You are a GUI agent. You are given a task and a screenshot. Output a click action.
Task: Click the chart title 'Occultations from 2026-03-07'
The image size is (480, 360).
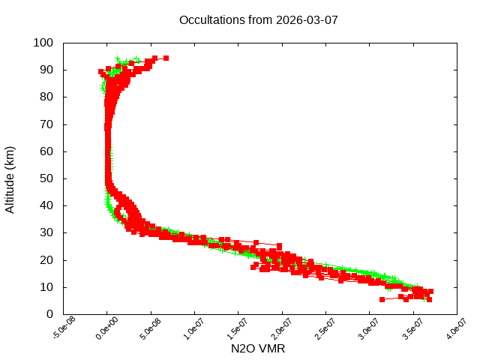click(x=258, y=19)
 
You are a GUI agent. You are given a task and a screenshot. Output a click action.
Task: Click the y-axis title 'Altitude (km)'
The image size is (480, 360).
click(x=10, y=178)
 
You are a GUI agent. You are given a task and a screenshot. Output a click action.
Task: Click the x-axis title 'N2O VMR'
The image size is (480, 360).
click(x=259, y=349)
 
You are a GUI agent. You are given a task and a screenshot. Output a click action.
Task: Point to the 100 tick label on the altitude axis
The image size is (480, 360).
click(x=42, y=43)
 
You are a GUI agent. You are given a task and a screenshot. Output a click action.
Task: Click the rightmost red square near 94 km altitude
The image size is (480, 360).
click(x=166, y=58)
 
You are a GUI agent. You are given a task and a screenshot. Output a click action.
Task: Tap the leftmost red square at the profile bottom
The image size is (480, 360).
click(x=382, y=299)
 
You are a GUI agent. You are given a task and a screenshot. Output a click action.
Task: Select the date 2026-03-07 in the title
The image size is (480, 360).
click(x=307, y=19)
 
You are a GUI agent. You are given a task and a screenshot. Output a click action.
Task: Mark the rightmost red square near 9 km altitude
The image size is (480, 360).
click(x=430, y=291)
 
